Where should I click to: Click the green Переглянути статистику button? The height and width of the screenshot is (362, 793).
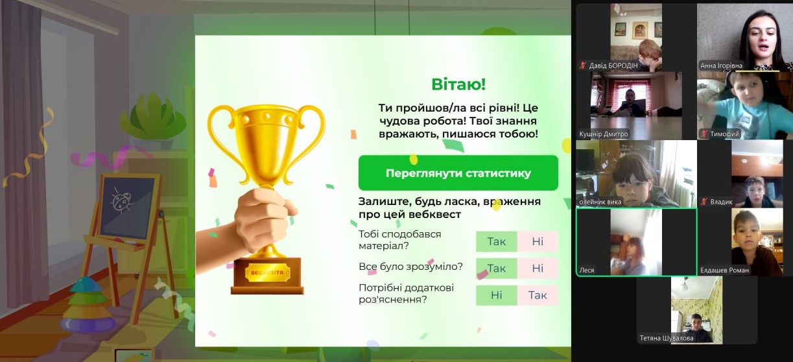(x=458, y=173)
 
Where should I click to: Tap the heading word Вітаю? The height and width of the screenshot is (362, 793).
(x=458, y=84)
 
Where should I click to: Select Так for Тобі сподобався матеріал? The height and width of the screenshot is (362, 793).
(x=496, y=241)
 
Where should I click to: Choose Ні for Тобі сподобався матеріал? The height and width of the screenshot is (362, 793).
(x=538, y=241)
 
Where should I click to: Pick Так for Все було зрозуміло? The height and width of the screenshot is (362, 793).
(x=496, y=268)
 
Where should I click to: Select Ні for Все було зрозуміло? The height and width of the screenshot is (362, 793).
(x=538, y=268)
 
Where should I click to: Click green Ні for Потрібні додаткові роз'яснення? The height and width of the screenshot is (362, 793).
(x=496, y=295)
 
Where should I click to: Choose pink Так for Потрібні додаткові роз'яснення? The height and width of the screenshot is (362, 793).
(x=538, y=295)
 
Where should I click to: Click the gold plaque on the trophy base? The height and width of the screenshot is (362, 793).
(x=267, y=272)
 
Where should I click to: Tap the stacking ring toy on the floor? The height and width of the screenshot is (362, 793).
(x=88, y=305)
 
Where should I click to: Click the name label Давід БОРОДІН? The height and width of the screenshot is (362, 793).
(x=613, y=66)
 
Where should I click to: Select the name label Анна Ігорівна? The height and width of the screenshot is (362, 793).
(x=721, y=66)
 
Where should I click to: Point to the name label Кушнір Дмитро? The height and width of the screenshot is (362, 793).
(x=603, y=134)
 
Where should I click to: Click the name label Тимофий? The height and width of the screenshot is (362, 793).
(x=724, y=134)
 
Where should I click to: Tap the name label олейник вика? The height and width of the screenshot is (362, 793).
(x=600, y=202)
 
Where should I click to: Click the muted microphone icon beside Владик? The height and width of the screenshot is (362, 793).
(x=704, y=202)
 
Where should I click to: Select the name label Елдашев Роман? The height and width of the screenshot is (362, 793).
(x=724, y=271)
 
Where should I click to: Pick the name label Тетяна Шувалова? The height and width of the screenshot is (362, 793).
(x=667, y=338)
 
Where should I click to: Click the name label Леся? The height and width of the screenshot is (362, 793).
(x=587, y=271)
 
